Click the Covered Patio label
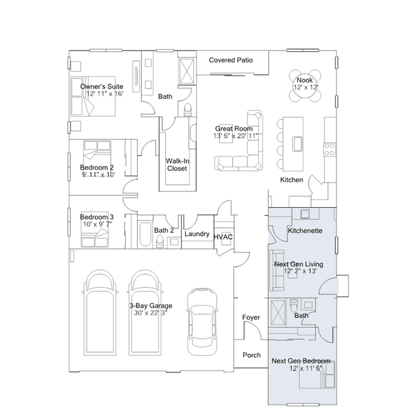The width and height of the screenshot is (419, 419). point(231,60)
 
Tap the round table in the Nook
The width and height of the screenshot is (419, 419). point(305,86)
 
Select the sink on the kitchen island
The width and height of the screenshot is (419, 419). point(298,144)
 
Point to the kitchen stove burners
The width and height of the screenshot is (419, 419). point(330,150)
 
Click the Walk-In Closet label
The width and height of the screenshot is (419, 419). point(177,165)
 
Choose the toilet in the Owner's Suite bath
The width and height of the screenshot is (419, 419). point(188,110)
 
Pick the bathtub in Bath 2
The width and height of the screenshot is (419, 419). point(145,234)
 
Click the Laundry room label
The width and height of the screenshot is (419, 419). point(197,234)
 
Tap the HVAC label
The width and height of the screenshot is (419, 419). point(223,237)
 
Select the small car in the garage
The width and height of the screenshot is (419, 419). point(202,322)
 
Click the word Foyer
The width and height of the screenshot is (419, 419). point(251,317)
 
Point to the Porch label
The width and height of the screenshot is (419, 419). point(251,355)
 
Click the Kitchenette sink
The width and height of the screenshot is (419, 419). point(305,214)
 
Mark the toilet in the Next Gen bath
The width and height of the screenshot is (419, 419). point(294,306)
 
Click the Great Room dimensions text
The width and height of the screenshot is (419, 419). point(235,136)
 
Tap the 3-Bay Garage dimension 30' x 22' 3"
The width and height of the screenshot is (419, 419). point(151,313)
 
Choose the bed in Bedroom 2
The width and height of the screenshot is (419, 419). point(97,153)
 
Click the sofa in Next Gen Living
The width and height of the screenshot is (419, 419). point(277,270)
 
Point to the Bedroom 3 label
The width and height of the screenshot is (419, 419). point(97,217)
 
